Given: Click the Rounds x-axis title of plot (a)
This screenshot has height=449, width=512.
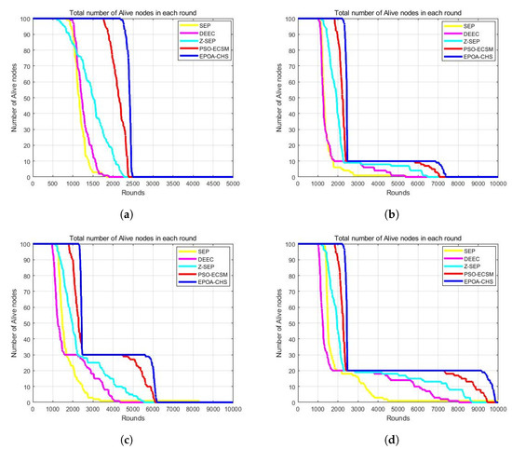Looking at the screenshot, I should (133, 192).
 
